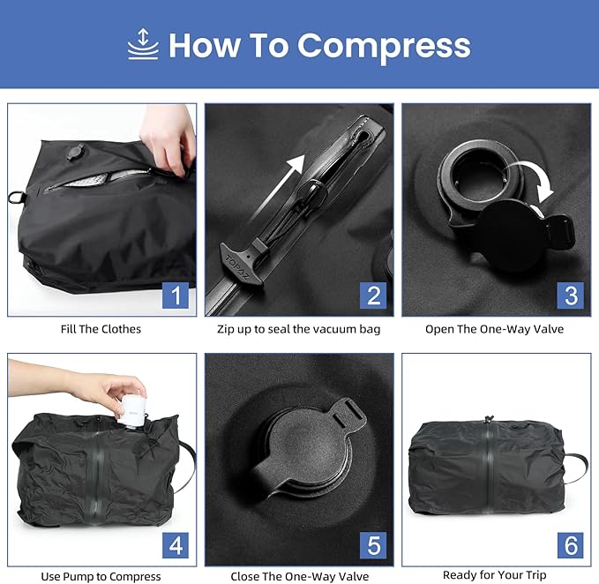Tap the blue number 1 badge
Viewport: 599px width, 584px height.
(x=176, y=295)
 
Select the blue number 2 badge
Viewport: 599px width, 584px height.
(x=373, y=295)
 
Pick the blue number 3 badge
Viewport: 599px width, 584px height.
(x=570, y=295)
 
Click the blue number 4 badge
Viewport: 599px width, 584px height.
(x=176, y=543)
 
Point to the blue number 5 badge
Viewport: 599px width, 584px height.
(x=373, y=543)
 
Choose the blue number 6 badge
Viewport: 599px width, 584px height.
(x=570, y=543)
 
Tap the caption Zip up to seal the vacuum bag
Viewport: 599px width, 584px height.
(x=299, y=329)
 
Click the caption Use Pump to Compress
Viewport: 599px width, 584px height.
(x=101, y=576)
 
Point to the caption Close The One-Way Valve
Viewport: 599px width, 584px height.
(x=299, y=576)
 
